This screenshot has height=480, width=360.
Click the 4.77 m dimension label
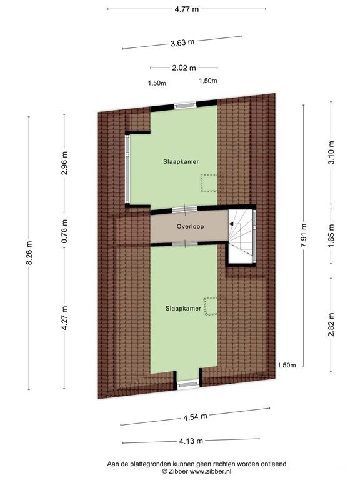pos(186,9)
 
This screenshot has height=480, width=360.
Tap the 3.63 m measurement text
pos(182,42)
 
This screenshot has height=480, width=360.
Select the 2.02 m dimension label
pos(184,67)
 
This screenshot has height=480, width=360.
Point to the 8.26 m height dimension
pos(29,253)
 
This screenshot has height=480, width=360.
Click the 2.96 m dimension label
pos(64,162)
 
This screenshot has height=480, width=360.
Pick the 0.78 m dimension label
pos(64,231)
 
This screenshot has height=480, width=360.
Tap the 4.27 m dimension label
pos(64,318)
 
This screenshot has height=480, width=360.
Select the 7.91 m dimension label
pos(303,236)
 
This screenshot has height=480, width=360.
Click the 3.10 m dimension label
pos(331,152)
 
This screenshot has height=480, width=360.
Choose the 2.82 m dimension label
pos(331,324)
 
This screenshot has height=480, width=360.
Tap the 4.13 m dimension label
pos(191,441)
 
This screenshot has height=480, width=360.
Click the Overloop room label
pos(190,226)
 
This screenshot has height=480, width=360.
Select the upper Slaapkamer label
pos(181,161)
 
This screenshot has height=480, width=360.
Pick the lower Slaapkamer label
pos(183,308)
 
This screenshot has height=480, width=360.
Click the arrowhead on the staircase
pos(231,224)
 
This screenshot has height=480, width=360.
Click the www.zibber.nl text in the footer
pos(211,472)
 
